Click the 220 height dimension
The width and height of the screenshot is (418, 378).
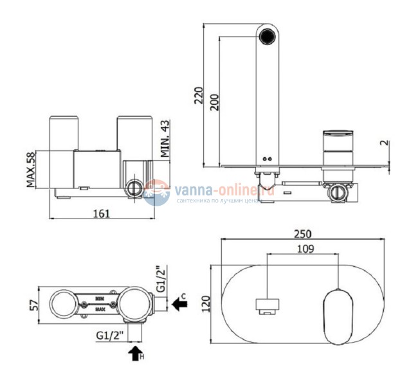point(197,96)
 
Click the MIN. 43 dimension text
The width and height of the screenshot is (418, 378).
point(164,138)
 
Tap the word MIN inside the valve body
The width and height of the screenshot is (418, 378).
point(99,298)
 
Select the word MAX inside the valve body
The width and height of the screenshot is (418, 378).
point(99,308)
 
